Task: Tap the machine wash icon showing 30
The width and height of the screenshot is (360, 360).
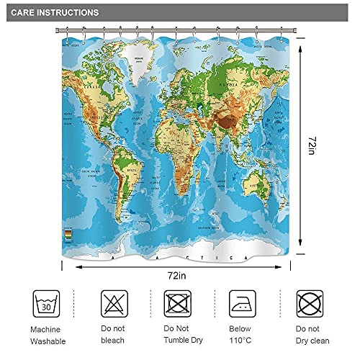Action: click(x=47, y=302)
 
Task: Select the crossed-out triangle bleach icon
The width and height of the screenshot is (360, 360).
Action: click(x=114, y=302)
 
